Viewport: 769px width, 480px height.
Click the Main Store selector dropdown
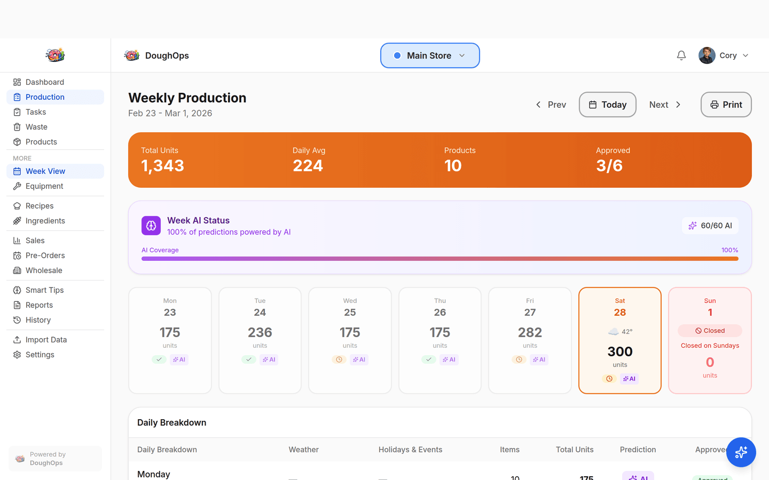[x=430, y=55]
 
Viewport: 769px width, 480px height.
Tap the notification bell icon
[x=681, y=55]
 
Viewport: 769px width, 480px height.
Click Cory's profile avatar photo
[x=707, y=55]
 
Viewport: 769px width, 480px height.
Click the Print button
[x=726, y=105]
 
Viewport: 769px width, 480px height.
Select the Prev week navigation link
[x=551, y=105]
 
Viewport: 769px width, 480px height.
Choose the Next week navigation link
[x=665, y=105]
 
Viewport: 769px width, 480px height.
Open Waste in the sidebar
[x=36, y=127]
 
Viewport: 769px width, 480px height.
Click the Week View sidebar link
[x=45, y=171]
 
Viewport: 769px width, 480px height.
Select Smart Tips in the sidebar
[x=44, y=290]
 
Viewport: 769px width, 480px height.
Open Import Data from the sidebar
[x=46, y=340]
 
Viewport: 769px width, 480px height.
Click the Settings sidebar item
[x=40, y=355]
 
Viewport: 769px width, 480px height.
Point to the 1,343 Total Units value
[x=162, y=166]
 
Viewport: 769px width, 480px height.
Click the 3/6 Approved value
[x=609, y=166]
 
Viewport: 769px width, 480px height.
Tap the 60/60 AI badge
[x=710, y=226]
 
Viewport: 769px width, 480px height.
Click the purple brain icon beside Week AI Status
[x=151, y=226]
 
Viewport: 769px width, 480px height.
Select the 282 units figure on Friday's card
[x=530, y=332]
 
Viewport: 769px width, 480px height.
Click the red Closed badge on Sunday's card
[x=710, y=331]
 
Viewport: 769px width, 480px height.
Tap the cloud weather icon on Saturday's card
[x=614, y=332]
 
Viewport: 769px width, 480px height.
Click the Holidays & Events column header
[x=410, y=450]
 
